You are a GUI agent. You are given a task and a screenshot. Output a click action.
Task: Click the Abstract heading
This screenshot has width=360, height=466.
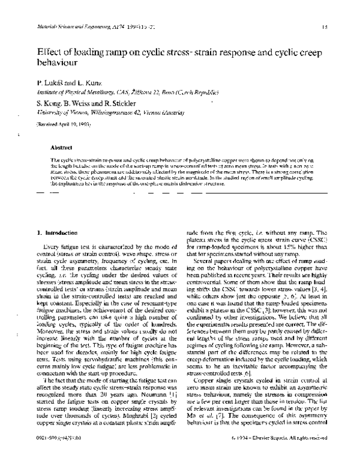tap(62, 147)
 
